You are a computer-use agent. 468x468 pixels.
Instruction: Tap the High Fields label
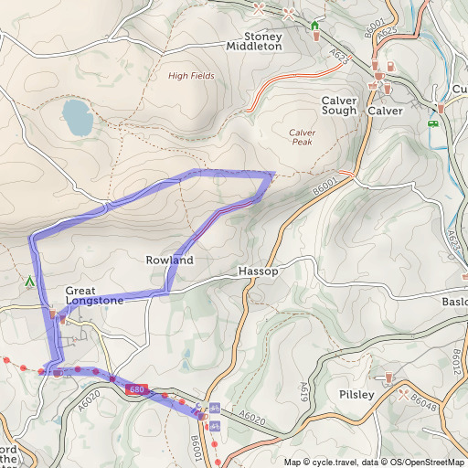click(191, 76)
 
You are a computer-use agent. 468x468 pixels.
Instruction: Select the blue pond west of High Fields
click(76, 116)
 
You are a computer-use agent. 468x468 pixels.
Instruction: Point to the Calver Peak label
click(303, 137)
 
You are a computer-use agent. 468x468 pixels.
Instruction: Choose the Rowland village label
click(169, 261)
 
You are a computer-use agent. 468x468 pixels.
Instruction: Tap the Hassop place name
click(256, 272)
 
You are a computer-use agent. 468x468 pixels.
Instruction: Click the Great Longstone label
click(94, 294)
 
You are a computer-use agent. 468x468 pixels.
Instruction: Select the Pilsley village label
click(356, 394)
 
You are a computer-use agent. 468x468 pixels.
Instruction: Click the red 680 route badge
click(137, 390)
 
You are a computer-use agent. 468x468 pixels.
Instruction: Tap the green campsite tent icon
click(30, 282)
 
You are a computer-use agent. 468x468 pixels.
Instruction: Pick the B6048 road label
click(424, 401)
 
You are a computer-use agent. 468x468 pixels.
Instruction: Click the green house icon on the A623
click(315, 25)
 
